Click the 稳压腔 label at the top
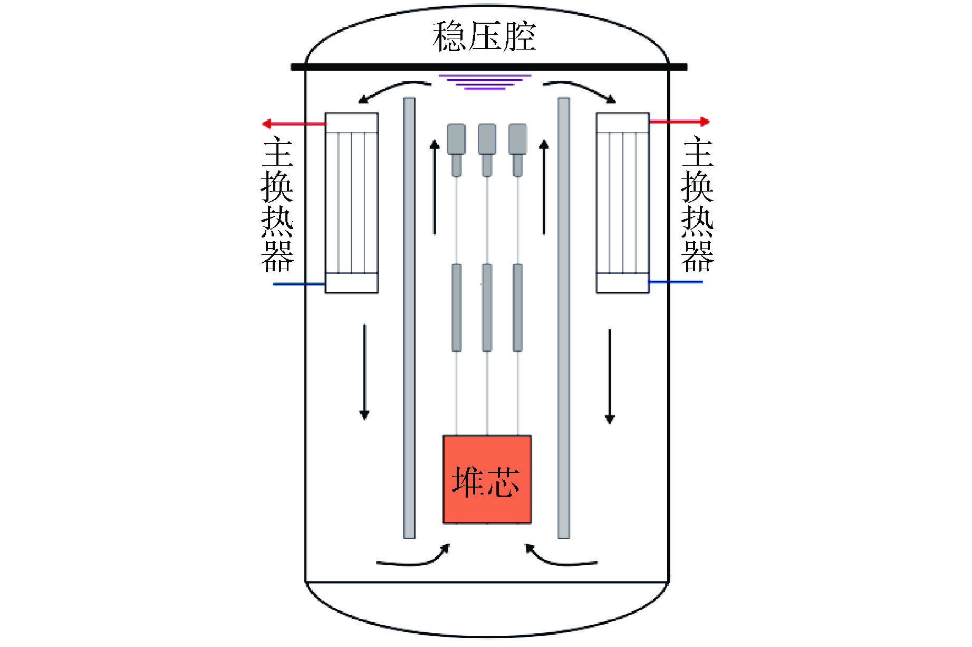[484, 37]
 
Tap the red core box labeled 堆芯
[487, 479]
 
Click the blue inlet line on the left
[299, 284]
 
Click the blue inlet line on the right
[675, 282]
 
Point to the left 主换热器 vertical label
[277, 204]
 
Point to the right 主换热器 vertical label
[697, 204]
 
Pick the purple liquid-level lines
[485, 82]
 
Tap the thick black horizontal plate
[489, 67]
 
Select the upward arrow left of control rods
[435, 187]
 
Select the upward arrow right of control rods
[544, 187]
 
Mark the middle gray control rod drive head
[487, 139]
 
